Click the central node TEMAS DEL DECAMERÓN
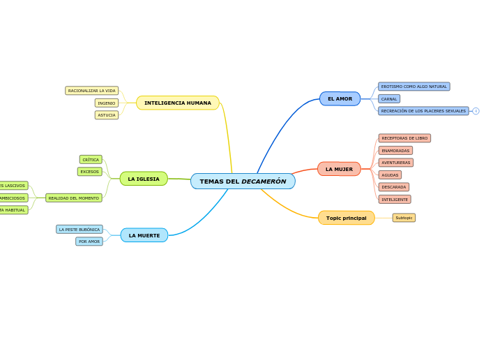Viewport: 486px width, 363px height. click(x=243, y=181)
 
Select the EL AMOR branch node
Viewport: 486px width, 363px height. click(x=340, y=99)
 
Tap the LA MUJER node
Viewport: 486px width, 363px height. click(x=339, y=169)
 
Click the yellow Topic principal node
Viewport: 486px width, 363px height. click(x=346, y=218)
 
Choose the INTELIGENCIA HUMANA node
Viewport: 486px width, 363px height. click(x=177, y=103)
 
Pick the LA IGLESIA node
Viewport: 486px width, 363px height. click(x=144, y=179)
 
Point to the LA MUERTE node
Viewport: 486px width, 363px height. click(x=144, y=235)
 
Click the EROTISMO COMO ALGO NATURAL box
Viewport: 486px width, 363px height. click(x=413, y=87)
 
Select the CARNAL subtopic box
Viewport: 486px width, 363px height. click(x=389, y=99)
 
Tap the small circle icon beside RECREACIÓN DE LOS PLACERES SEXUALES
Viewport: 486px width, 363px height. click(x=476, y=111)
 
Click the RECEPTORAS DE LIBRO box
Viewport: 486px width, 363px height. click(x=404, y=138)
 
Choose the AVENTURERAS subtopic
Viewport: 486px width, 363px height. click(x=395, y=163)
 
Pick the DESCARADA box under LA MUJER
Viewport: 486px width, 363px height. click(x=394, y=187)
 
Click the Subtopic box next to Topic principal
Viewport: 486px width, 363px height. click(x=404, y=218)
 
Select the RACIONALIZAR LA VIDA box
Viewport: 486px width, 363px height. click(x=92, y=91)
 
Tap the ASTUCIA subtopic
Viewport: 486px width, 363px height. click(x=107, y=115)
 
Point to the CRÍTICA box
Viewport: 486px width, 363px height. click(x=91, y=160)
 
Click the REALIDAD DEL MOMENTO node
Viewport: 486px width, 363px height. click(x=74, y=198)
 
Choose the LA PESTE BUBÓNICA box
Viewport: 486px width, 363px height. click(x=79, y=229)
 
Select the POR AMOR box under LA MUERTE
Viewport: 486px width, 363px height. click(x=89, y=242)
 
